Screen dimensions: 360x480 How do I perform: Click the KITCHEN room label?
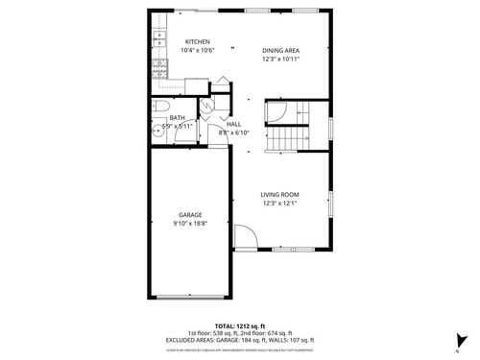[198, 41]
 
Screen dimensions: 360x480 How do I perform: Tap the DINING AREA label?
[281, 50]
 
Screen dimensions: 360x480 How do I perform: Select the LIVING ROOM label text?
[280, 195]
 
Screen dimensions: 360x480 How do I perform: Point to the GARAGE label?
[189, 214]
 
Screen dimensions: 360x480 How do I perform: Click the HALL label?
[234, 124]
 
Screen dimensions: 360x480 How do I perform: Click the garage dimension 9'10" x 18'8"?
[189, 223]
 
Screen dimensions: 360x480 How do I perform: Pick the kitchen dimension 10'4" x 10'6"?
[198, 50]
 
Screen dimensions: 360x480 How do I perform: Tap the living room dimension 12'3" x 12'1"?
[280, 204]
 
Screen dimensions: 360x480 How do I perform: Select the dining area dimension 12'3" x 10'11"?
[281, 59]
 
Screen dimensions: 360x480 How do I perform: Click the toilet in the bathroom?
[161, 107]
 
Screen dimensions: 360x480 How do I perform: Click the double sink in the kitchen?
[156, 40]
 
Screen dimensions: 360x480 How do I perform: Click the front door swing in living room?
[244, 236]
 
